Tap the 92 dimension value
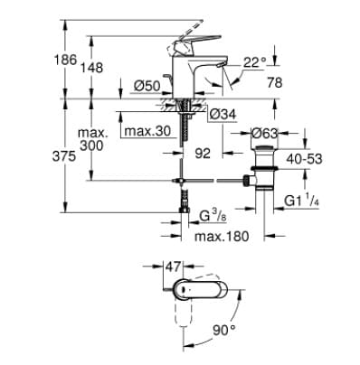pyautogui.click(x=207, y=154)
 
